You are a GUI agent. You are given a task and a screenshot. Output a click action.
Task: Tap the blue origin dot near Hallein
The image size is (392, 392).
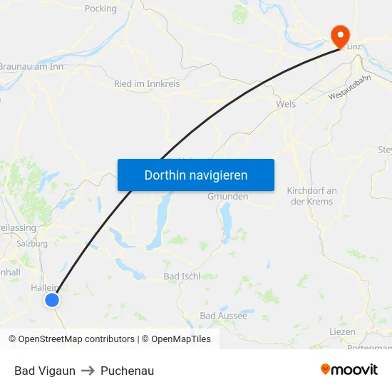(x=52, y=300)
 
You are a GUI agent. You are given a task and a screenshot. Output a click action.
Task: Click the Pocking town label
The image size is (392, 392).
(x=100, y=9)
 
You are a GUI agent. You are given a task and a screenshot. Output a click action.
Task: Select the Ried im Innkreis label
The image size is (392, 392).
(x=147, y=83)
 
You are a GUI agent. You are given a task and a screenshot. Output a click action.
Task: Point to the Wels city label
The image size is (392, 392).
(x=286, y=103)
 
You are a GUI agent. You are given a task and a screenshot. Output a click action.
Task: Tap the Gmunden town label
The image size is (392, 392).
(x=228, y=196)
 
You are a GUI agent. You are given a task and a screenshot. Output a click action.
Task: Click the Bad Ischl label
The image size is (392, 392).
(x=182, y=276)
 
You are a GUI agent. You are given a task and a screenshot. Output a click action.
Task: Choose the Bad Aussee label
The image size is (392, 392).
(x=223, y=315)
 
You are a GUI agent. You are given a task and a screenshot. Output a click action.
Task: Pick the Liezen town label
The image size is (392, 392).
(x=343, y=332)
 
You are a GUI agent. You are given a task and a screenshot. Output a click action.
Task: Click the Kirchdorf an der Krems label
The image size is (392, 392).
(x=311, y=196)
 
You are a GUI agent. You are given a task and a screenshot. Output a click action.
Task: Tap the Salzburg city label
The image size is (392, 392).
(x=32, y=243)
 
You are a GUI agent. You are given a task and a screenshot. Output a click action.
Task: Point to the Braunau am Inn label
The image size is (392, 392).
(x=31, y=67)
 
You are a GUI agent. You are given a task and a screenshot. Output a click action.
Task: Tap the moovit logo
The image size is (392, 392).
(x=349, y=370)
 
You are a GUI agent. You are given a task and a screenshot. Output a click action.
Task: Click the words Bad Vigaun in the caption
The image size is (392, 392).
(x=45, y=371)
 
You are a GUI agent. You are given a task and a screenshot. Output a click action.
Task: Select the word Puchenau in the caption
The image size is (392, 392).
(x=127, y=371)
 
